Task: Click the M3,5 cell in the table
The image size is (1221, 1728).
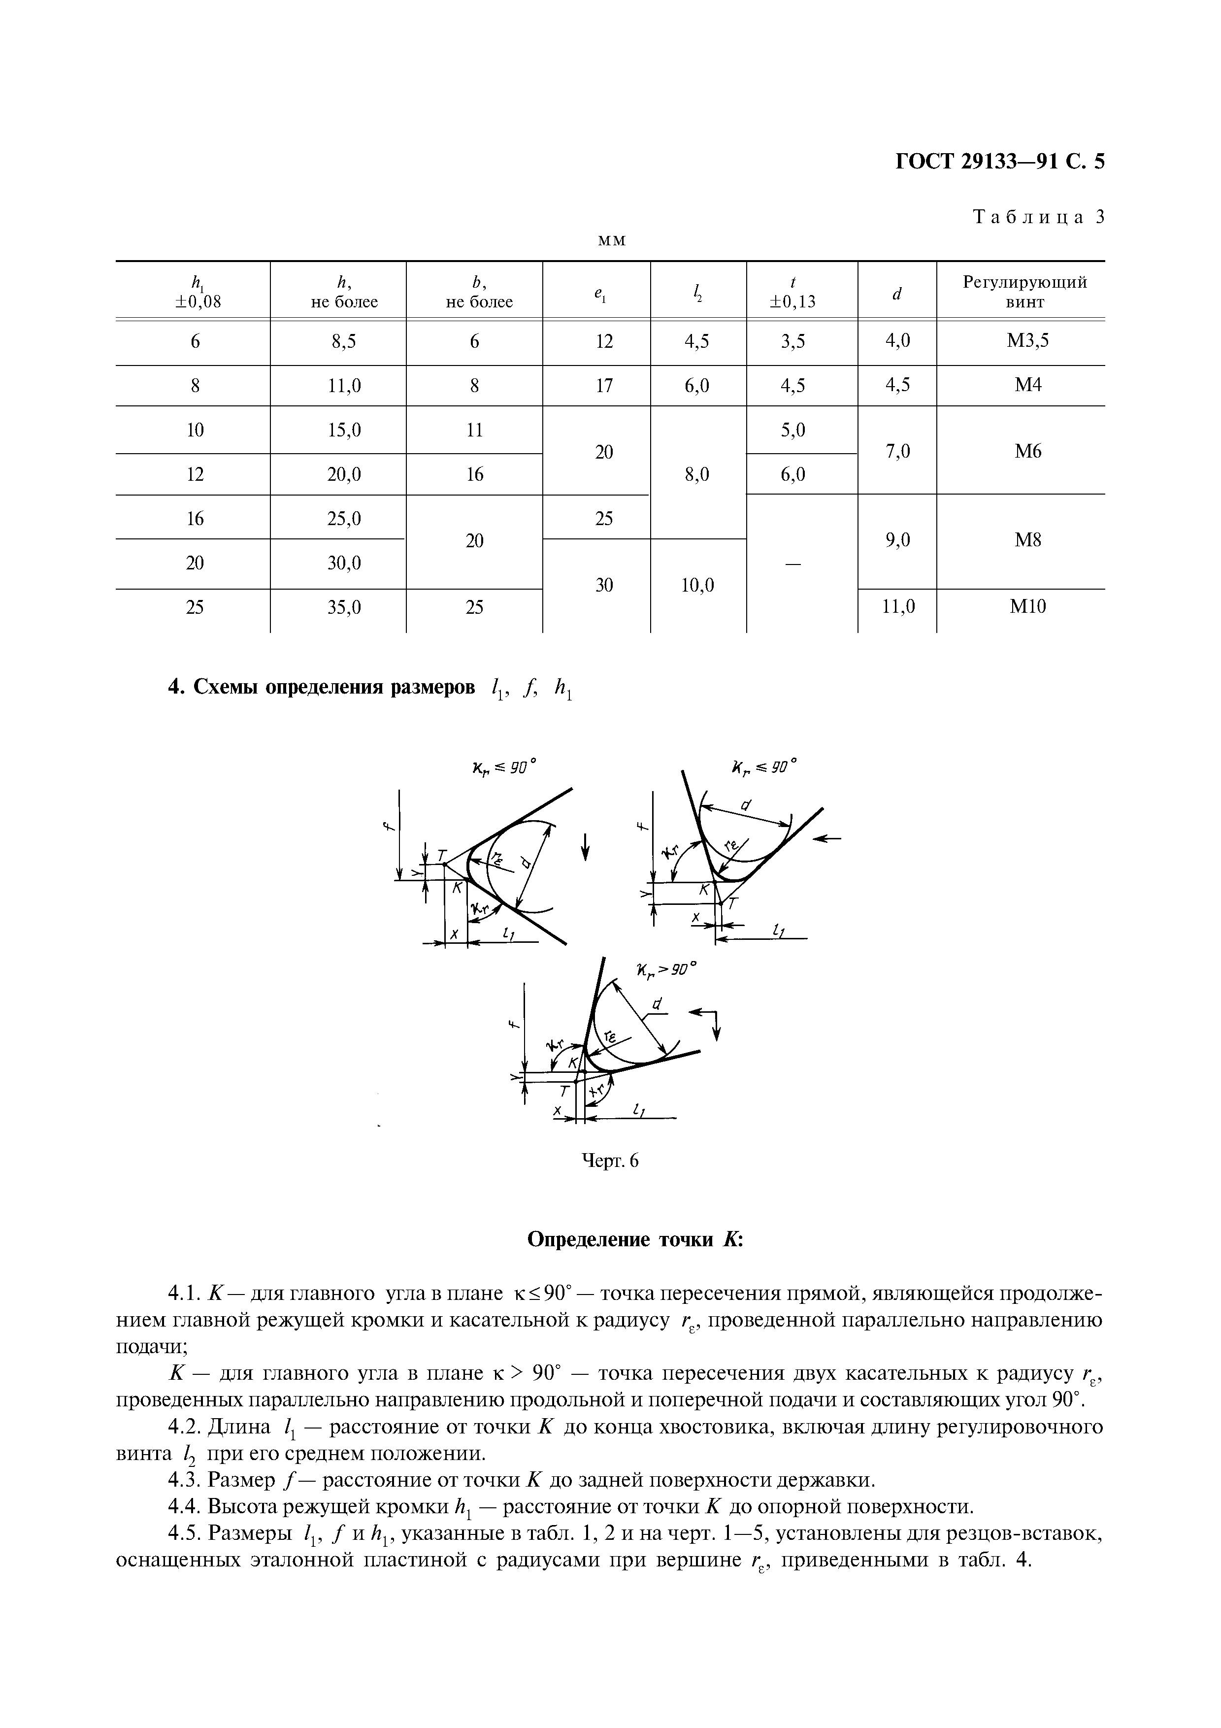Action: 1027,341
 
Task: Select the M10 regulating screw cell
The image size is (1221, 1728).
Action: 1027,606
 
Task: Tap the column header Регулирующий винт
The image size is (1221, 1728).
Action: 1024,292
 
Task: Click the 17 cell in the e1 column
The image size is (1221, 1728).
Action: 604,385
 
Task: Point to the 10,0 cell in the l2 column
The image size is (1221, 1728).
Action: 697,585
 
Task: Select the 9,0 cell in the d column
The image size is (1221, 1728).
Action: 897,539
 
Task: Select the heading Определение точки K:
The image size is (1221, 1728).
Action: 635,1239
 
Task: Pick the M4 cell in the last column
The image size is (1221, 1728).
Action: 1027,385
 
